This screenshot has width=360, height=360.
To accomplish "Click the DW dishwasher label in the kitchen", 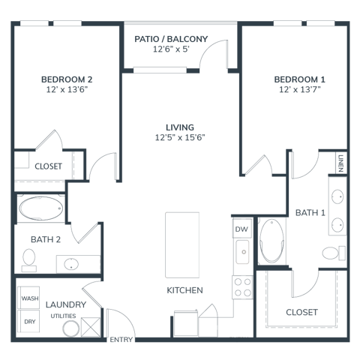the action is click(x=241, y=229).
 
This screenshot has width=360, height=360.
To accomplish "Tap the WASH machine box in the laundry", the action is click(x=28, y=298).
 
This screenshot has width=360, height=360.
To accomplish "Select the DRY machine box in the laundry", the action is click(x=28, y=321).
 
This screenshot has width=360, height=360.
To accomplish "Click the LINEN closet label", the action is click(x=340, y=163).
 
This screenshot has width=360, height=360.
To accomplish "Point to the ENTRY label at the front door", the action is click(x=121, y=340).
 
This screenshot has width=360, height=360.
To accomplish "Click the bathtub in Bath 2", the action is click(x=40, y=208).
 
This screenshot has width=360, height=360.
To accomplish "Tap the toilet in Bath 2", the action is click(x=28, y=260).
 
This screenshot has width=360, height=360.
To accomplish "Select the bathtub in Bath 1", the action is click(x=271, y=241).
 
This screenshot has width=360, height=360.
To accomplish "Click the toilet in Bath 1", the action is click(x=334, y=253).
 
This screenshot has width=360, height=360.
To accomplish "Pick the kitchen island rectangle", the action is click(x=182, y=245).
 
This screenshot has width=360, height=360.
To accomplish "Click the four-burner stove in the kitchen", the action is click(x=242, y=287).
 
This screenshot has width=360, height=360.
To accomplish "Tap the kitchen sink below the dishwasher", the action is click(x=242, y=252).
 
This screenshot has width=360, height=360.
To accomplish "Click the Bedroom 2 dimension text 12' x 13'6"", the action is click(x=67, y=89).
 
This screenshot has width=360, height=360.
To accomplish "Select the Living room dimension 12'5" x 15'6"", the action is click(x=180, y=137).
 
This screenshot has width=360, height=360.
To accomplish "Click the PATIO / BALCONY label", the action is click(x=171, y=39).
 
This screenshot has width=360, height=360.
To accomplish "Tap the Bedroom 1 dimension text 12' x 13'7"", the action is click(x=300, y=89).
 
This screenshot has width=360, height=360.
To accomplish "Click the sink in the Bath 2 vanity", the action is click(x=71, y=264).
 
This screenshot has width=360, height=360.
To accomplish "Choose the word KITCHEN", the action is click(x=184, y=290).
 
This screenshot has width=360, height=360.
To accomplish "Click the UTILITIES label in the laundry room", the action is click(x=63, y=316).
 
